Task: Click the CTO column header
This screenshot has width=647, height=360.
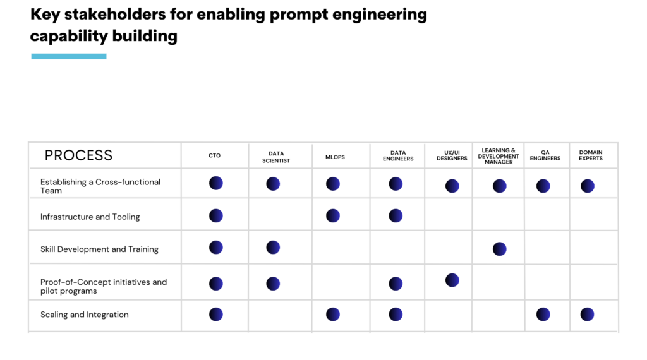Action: [214, 155]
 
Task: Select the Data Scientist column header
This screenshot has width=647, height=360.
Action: [276, 157]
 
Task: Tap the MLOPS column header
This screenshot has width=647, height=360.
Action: [335, 157]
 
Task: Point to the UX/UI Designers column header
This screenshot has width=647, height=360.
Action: [452, 155]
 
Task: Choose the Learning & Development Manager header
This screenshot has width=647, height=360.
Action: [499, 156]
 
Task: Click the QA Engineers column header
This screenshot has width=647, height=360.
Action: [545, 155]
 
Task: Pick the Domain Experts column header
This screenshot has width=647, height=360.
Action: [591, 155]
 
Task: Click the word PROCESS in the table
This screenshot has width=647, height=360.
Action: [78, 155]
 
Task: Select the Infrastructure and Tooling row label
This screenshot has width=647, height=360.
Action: [90, 217]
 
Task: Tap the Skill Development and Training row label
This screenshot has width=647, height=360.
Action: [99, 249]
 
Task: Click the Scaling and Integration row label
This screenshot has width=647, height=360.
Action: [85, 315]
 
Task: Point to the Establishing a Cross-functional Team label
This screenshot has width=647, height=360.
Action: [100, 186]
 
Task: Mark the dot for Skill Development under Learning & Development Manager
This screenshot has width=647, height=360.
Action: [499, 249]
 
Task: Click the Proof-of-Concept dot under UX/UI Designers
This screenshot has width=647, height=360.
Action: [452, 280]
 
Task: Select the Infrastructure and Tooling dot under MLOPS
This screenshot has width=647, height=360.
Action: [333, 216]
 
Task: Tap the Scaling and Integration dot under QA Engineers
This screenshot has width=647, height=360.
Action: [543, 315]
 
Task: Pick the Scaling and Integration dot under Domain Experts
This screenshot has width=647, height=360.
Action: [587, 315]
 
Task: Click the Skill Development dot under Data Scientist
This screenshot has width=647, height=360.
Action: [273, 248]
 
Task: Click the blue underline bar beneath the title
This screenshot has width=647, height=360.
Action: [69, 56]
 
